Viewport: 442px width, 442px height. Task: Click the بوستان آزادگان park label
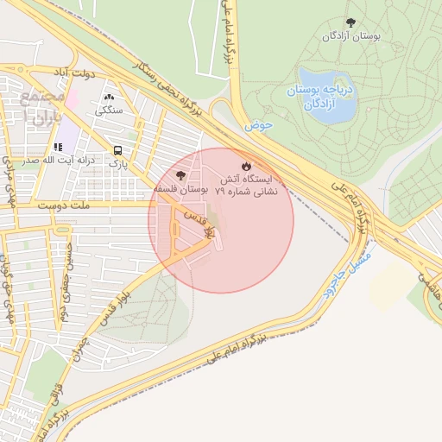(351, 37)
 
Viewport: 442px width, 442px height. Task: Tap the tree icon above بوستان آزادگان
(350, 22)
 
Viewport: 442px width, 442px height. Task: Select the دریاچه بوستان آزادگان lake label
(320, 98)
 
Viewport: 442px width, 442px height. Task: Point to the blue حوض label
(257, 125)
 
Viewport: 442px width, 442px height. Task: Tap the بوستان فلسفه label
(181, 187)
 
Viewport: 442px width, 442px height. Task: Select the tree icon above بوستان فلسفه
(180, 175)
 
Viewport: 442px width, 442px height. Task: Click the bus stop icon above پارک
(117, 148)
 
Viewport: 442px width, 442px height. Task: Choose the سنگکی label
(110, 110)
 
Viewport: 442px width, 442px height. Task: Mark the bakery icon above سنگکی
(110, 97)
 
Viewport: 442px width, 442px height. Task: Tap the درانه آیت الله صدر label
(47, 161)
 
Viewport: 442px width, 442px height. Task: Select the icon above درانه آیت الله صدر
(58, 148)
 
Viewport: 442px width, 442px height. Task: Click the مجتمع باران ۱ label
(41, 104)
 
